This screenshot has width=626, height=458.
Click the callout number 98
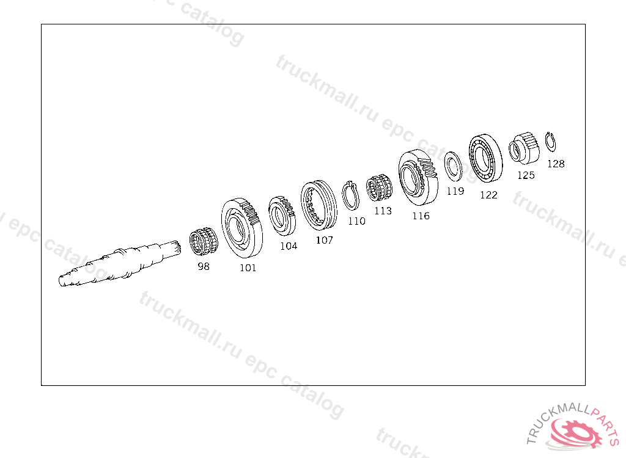pyautogui.click(x=204, y=266)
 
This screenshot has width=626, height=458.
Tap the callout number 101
pyautogui.click(x=248, y=268)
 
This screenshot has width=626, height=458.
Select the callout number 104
pyautogui.click(x=289, y=246)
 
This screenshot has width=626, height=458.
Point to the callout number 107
pyautogui.click(x=324, y=240)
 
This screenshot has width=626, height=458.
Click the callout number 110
pyautogui.click(x=356, y=221)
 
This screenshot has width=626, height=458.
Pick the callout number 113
pyautogui.click(x=383, y=211)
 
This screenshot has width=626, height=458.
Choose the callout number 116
pyautogui.click(x=421, y=216)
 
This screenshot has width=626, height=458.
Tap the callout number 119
pyautogui.click(x=455, y=191)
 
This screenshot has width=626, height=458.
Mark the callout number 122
pyautogui.click(x=488, y=195)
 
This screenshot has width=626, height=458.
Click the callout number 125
pyautogui.click(x=526, y=175)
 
